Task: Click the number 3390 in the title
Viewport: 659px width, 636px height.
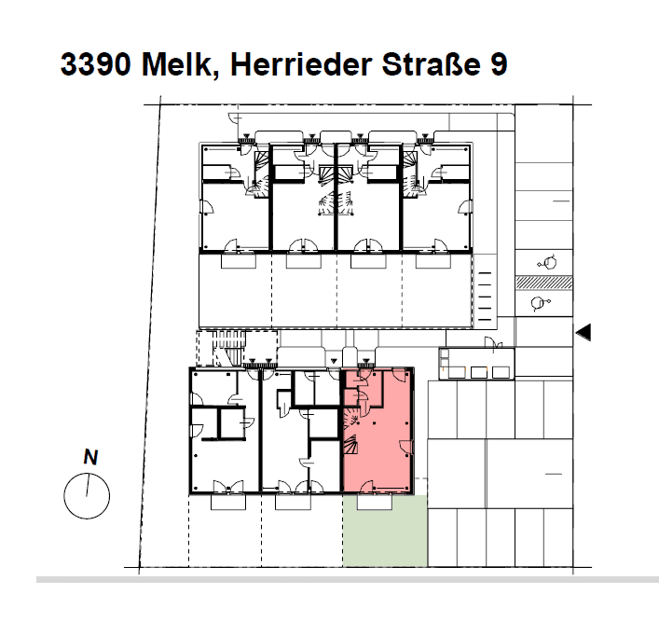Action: pyautogui.click(x=95, y=64)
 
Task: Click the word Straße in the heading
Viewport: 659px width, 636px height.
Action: pyautogui.click(x=431, y=64)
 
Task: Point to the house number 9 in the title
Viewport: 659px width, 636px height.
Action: pyautogui.click(x=499, y=64)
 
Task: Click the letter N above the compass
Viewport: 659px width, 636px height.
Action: pyautogui.click(x=90, y=457)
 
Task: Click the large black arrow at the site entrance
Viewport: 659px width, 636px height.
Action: pyautogui.click(x=583, y=332)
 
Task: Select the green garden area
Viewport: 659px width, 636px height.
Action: pyautogui.click(x=385, y=531)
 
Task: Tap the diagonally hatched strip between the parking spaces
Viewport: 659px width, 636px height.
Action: pyautogui.click(x=543, y=283)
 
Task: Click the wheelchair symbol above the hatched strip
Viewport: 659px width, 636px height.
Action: pyautogui.click(x=547, y=263)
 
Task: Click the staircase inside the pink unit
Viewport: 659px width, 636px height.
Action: pyautogui.click(x=351, y=432)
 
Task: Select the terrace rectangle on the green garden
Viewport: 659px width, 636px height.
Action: pyautogui.click(x=375, y=502)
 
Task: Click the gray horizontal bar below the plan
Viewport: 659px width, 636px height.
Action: pyautogui.click(x=348, y=580)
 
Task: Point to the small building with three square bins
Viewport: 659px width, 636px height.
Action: pyautogui.click(x=476, y=364)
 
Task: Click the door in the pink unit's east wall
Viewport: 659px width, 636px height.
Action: pyautogui.click(x=405, y=447)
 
